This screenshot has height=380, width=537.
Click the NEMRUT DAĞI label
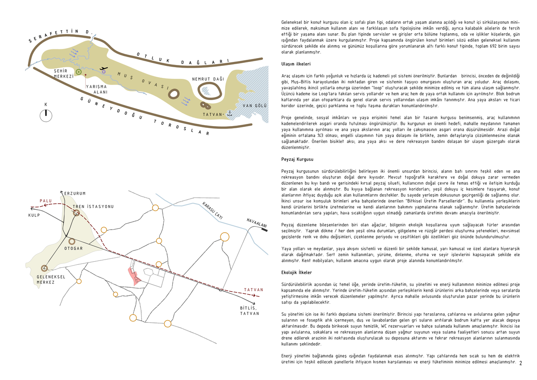pos(208,79)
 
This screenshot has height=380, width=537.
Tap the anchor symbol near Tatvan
pos(230,114)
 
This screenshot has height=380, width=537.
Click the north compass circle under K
pos(46,115)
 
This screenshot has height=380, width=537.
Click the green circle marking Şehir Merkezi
pos(78,72)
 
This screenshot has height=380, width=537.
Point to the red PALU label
pos(45,201)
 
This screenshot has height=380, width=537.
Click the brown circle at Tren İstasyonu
pos(77,213)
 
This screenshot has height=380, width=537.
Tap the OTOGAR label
pos(73,249)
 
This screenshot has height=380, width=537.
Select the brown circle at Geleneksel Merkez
pos(44,268)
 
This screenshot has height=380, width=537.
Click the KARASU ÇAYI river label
pos(212,211)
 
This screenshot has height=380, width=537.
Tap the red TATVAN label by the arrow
pos(253,290)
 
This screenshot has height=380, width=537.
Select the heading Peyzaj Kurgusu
pos(297,160)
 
